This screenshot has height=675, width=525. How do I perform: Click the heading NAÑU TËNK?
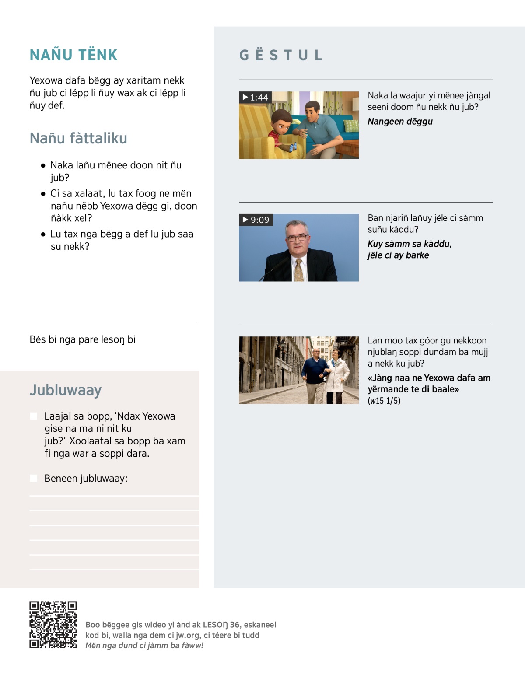click(x=73, y=55)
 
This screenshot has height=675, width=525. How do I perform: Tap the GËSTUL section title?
click(x=281, y=55)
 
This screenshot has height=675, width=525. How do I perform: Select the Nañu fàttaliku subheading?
click(x=78, y=138)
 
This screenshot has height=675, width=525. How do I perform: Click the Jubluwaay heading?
click(x=66, y=390)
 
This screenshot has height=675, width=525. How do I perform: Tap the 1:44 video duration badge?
click(x=255, y=97)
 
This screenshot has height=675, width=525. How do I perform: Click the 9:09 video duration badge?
click(x=256, y=220)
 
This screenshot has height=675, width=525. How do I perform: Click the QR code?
click(x=53, y=624)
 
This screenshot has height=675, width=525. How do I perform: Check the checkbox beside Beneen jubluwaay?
click(x=33, y=478)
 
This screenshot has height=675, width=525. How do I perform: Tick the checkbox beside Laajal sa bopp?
click(x=33, y=416)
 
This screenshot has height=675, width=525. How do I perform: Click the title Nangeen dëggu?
click(x=400, y=122)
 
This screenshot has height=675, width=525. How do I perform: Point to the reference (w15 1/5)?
click(x=384, y=401)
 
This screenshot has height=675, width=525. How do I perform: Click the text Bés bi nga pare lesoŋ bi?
click(x=82, y=339)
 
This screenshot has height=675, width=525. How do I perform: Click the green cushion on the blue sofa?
click(x=351, y=126)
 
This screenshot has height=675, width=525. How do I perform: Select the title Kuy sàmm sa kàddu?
click(x=409, y=244)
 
